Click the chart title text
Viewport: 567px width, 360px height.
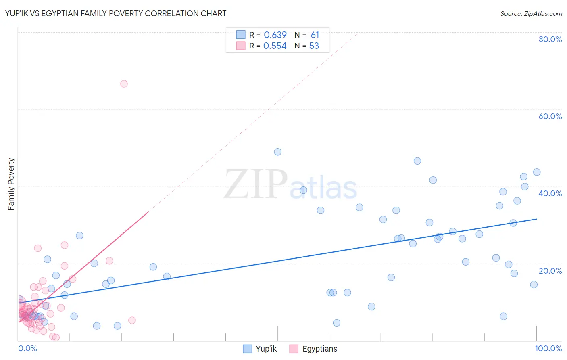click(116, 13)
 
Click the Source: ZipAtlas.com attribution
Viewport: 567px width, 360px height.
click(531, 13)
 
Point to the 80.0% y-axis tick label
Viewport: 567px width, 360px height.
click(550, 39)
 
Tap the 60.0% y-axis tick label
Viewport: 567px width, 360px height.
click(550, 116)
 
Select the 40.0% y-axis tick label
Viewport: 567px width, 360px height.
click(550, 193)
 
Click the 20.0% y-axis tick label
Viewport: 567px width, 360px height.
click(550, 270)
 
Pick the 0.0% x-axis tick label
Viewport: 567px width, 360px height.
click(27, 348)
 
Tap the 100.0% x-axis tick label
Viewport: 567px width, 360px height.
click(548, 348)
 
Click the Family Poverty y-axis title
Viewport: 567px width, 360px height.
click(11, 184)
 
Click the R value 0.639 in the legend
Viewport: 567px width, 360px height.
click(275, 35)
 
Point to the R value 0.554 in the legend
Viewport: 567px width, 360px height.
click(275, 46)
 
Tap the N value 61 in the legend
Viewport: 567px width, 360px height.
click(315, 35)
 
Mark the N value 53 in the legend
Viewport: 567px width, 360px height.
click(314, 46)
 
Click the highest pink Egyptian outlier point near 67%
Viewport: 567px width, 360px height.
click(124, 84)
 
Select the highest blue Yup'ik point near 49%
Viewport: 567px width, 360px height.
click(277, 152)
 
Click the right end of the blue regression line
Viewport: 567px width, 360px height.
click(536, 219)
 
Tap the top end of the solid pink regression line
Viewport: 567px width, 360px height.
click(148, 212)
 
